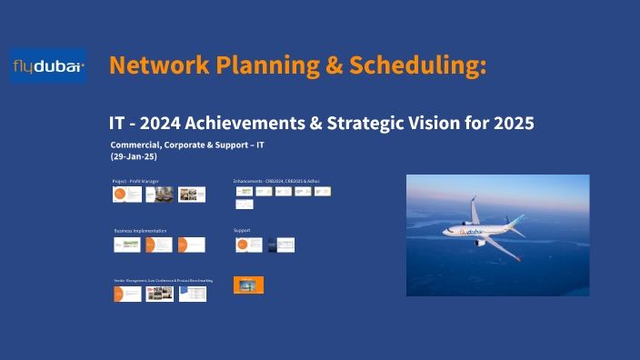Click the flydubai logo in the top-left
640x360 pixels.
[49, 65]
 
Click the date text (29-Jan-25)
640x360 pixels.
[135, 157]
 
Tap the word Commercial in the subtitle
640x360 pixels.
[137, 145]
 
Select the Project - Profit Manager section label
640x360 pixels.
[135, 182]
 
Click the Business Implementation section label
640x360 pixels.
[140, 231]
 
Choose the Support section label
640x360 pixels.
[242, 231]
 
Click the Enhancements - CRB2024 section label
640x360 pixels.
[276, 182]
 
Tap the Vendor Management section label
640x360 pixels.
[164, 281]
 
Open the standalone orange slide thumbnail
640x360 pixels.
[248, 285]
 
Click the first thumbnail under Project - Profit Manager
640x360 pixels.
[126, 195]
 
